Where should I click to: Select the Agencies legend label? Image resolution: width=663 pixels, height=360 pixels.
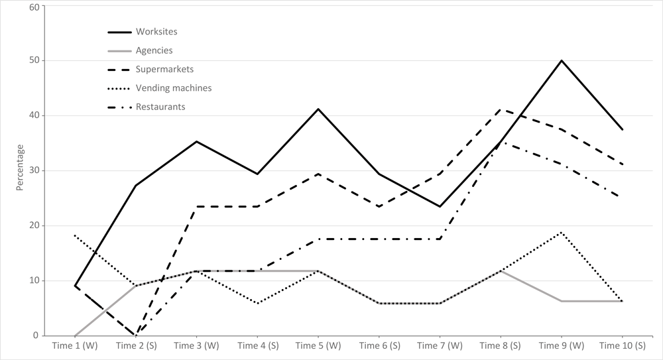[x=154, y=50]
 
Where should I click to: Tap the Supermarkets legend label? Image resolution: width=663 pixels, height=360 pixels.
[x=164, y=69]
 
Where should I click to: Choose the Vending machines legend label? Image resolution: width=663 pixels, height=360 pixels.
[x=173, y=88]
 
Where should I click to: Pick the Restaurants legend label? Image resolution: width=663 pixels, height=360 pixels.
[x=160, y=106]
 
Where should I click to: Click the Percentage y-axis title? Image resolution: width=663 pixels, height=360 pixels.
[x=20, y=167]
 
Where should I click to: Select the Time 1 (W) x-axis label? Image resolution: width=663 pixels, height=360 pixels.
[x=75, y=345]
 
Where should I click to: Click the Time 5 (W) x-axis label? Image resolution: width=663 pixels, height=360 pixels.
[x=318, y=345]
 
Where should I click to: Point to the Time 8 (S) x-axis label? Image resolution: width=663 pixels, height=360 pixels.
[x=501, y=345]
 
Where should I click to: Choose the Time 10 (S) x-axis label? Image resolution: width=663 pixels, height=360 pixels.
[x=622, y=345]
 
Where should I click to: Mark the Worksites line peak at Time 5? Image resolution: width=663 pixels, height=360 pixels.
[x=318, y=109]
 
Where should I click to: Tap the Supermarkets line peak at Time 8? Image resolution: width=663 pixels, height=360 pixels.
[x=501, y=109]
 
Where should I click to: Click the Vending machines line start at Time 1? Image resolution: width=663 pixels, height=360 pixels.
[x=75, y=235]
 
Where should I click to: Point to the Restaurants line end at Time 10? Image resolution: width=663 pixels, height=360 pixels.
[x=623, y=198]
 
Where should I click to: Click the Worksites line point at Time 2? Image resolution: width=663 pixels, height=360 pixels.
[x=136, y=186]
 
